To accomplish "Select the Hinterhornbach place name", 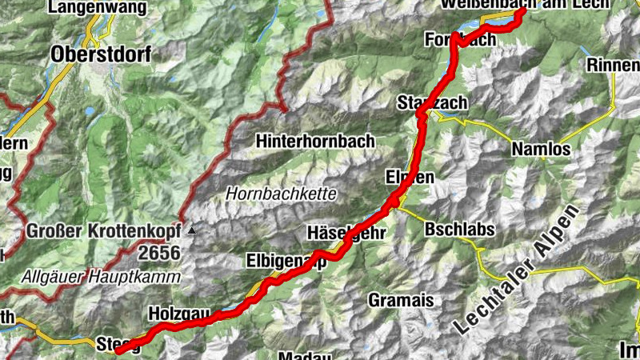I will click(315, 141).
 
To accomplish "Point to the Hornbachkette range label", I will click(281, 194).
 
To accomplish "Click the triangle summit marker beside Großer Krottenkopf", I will click(192, 232).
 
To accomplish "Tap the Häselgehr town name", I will click(347, 233).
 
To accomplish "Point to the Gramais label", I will click(401, 300).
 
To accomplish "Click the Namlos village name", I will click(542, 149).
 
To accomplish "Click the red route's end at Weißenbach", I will click(522, 11).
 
